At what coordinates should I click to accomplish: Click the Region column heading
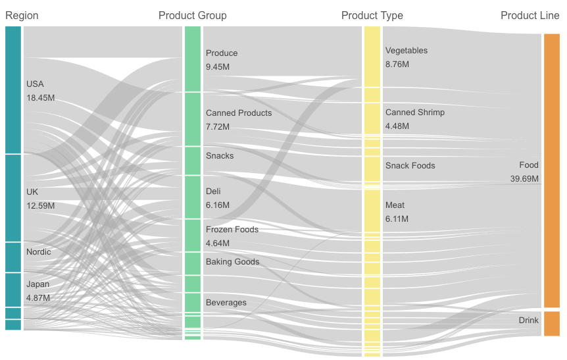(22, 15)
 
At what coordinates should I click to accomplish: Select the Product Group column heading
(192, 15)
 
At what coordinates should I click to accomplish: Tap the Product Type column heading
(372, 15)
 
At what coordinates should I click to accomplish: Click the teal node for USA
(13, 90)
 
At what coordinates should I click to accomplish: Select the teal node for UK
(13, 198)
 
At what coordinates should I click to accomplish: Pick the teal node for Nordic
(13, 257)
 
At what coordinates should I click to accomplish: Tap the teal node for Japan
(13, 290)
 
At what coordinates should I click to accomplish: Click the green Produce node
(193, 59)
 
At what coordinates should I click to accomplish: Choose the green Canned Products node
(193, 119)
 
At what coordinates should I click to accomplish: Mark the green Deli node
(193, 197)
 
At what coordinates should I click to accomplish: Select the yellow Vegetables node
(372, 64)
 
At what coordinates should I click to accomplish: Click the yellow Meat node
(372, 211)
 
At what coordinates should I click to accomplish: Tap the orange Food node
(551, 170)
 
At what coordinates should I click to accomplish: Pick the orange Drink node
(551, 323)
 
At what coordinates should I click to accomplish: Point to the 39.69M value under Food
(524, 179)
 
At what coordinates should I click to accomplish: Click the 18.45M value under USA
(40, 98)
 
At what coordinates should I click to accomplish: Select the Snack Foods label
(410, 166)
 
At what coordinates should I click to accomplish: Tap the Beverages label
(226, 303)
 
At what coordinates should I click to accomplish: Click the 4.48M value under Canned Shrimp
(397, 126)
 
